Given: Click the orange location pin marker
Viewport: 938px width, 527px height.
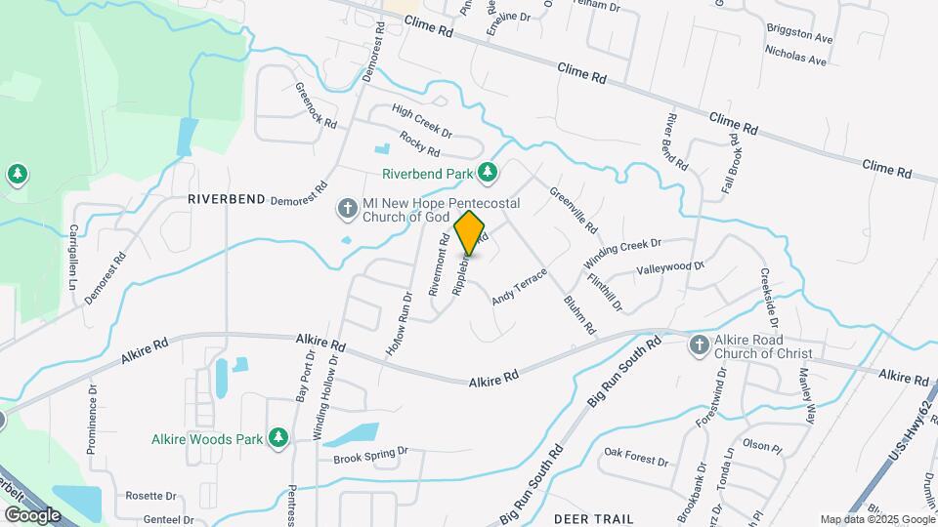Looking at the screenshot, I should point(470,232).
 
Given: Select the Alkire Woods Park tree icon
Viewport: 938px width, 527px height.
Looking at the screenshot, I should point(278,438).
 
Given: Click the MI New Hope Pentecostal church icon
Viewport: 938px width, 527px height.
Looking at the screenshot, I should point(346,208).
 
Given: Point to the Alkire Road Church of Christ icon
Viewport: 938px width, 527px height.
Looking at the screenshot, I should point(699,345).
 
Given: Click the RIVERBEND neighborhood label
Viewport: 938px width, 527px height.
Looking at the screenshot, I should point(227,198).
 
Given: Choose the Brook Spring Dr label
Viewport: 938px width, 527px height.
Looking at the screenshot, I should point(369,456).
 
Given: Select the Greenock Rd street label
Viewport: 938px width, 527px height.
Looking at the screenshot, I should point(316,106).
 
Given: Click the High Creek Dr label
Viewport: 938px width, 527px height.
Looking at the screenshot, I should point(421,121).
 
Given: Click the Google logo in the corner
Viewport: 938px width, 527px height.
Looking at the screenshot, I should point(32,514).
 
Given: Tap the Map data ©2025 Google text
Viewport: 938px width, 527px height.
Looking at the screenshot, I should point(877,519).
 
